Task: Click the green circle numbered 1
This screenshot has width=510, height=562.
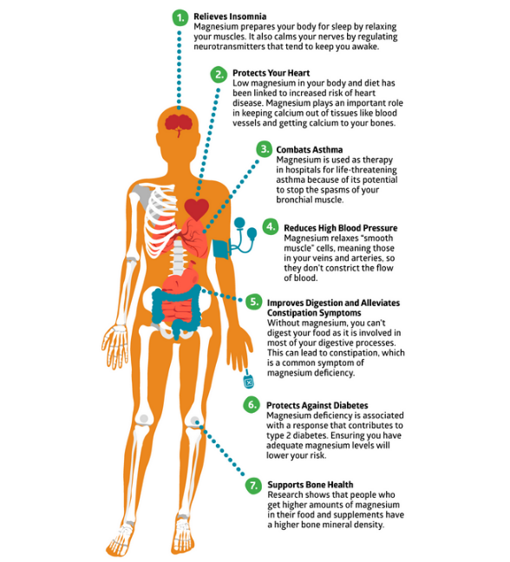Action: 180,17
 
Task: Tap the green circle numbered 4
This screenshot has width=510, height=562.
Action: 271,227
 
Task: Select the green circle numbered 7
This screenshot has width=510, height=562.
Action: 254,486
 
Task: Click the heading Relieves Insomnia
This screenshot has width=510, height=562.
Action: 230,16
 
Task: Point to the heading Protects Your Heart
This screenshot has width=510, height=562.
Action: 271,73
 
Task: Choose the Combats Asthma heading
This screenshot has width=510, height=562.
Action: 310,150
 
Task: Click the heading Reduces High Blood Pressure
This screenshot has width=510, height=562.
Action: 341,228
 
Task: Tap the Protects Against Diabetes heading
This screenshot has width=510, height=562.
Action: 317,405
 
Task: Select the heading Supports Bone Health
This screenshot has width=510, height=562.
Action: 310,485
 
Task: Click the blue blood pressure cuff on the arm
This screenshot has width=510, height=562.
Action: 221,249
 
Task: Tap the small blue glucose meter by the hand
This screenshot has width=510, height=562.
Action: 248,381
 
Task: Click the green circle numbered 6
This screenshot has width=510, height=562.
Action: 252,405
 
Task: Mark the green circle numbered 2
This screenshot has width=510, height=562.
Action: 219,75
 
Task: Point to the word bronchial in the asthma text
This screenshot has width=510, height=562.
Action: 291,199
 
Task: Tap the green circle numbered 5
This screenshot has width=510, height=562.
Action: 254,302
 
